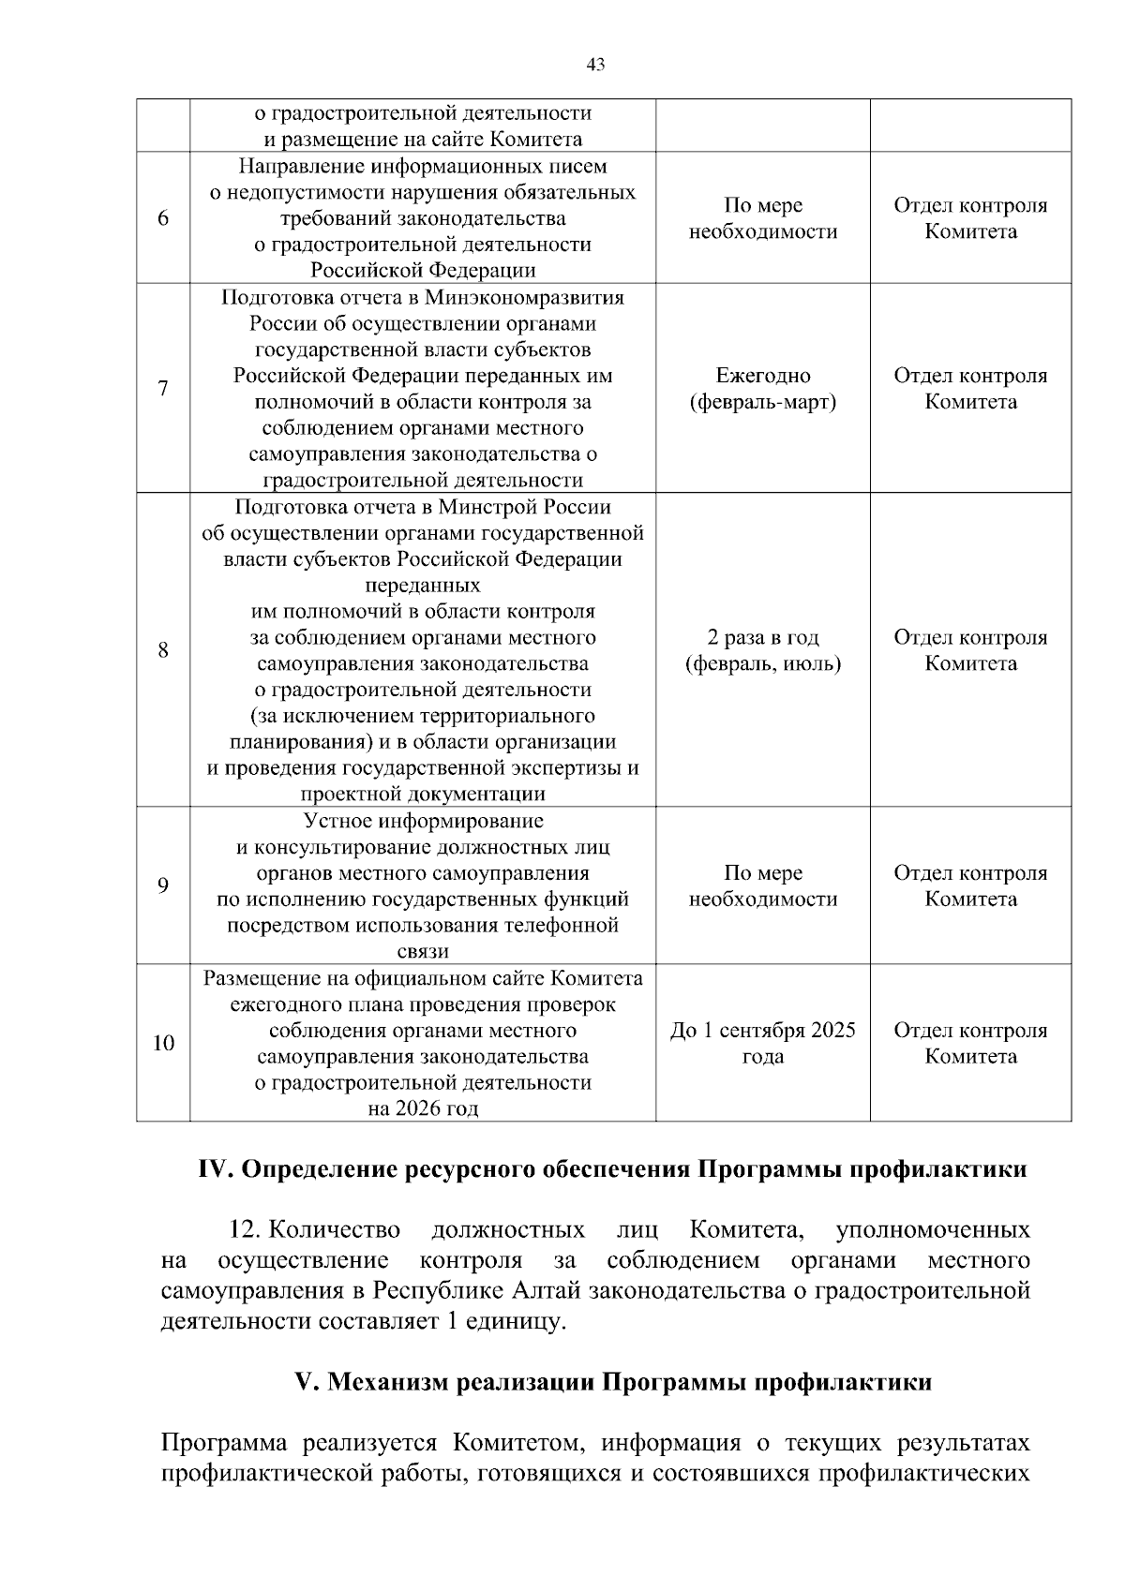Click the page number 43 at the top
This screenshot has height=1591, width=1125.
595,65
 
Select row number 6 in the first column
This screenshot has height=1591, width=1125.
163,218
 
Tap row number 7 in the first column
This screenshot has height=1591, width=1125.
163,389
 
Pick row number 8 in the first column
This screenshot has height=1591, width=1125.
163,650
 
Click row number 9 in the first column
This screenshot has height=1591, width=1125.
163,885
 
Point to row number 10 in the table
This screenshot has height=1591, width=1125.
163,1043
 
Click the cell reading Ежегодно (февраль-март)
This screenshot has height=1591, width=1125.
762,389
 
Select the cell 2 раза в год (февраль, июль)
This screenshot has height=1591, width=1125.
762,650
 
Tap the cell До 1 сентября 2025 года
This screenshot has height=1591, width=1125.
762,1043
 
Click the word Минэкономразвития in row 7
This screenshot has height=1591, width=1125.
525,298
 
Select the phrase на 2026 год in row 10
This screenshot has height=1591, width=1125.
423,1109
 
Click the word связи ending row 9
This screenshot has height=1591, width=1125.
423,952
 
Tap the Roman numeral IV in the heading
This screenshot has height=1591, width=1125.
217,1170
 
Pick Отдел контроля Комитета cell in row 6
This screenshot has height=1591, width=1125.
970,218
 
